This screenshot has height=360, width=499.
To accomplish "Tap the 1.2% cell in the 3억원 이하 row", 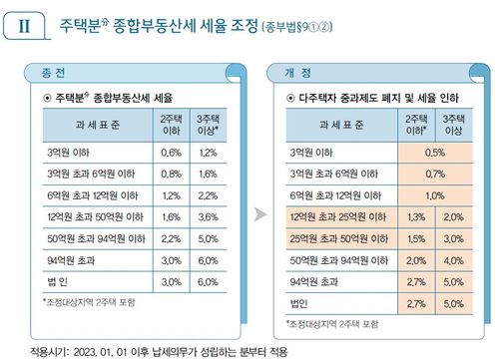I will click(x=208, y=153).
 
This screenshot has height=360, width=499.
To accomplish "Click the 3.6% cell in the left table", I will click(x=208, y=215).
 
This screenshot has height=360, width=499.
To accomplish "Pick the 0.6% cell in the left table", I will click(x=171, y=153).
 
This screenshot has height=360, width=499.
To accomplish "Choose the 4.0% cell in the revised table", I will click(x=452, y=259).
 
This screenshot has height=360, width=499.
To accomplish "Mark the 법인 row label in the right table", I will click(x=298, y=301).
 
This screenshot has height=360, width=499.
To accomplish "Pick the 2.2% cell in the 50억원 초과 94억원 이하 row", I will click(x=171, y=237).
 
